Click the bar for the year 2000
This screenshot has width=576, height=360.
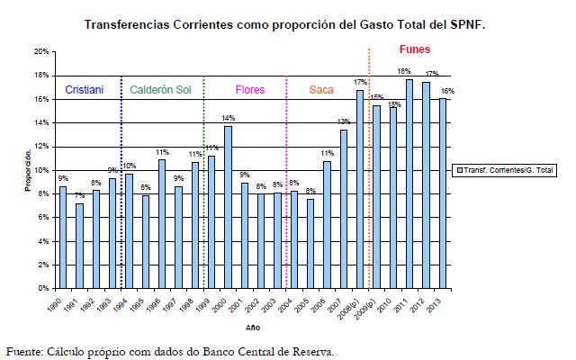click(229, 207)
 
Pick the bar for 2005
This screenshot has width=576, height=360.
click(310, 243)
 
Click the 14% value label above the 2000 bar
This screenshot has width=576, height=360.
click(229, 119)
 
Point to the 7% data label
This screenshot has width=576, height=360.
click(80, 196)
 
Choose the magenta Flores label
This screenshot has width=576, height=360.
click(249, 90)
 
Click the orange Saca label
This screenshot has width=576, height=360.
click(320, 90)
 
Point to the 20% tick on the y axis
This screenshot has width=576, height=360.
click(40, 51)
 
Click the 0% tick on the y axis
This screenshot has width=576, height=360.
click(42, 289)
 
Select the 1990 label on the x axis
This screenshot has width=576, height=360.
click(58, 306)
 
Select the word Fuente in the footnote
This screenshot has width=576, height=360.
click(24, 351)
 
